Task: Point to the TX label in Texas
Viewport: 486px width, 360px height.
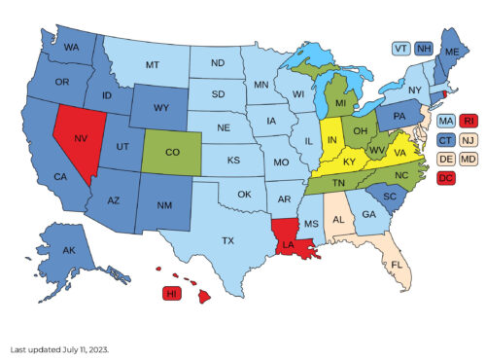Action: coord(228,239)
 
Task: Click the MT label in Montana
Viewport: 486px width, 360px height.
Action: coord(153,65)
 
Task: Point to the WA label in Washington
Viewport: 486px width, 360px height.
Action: coord(72,47)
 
